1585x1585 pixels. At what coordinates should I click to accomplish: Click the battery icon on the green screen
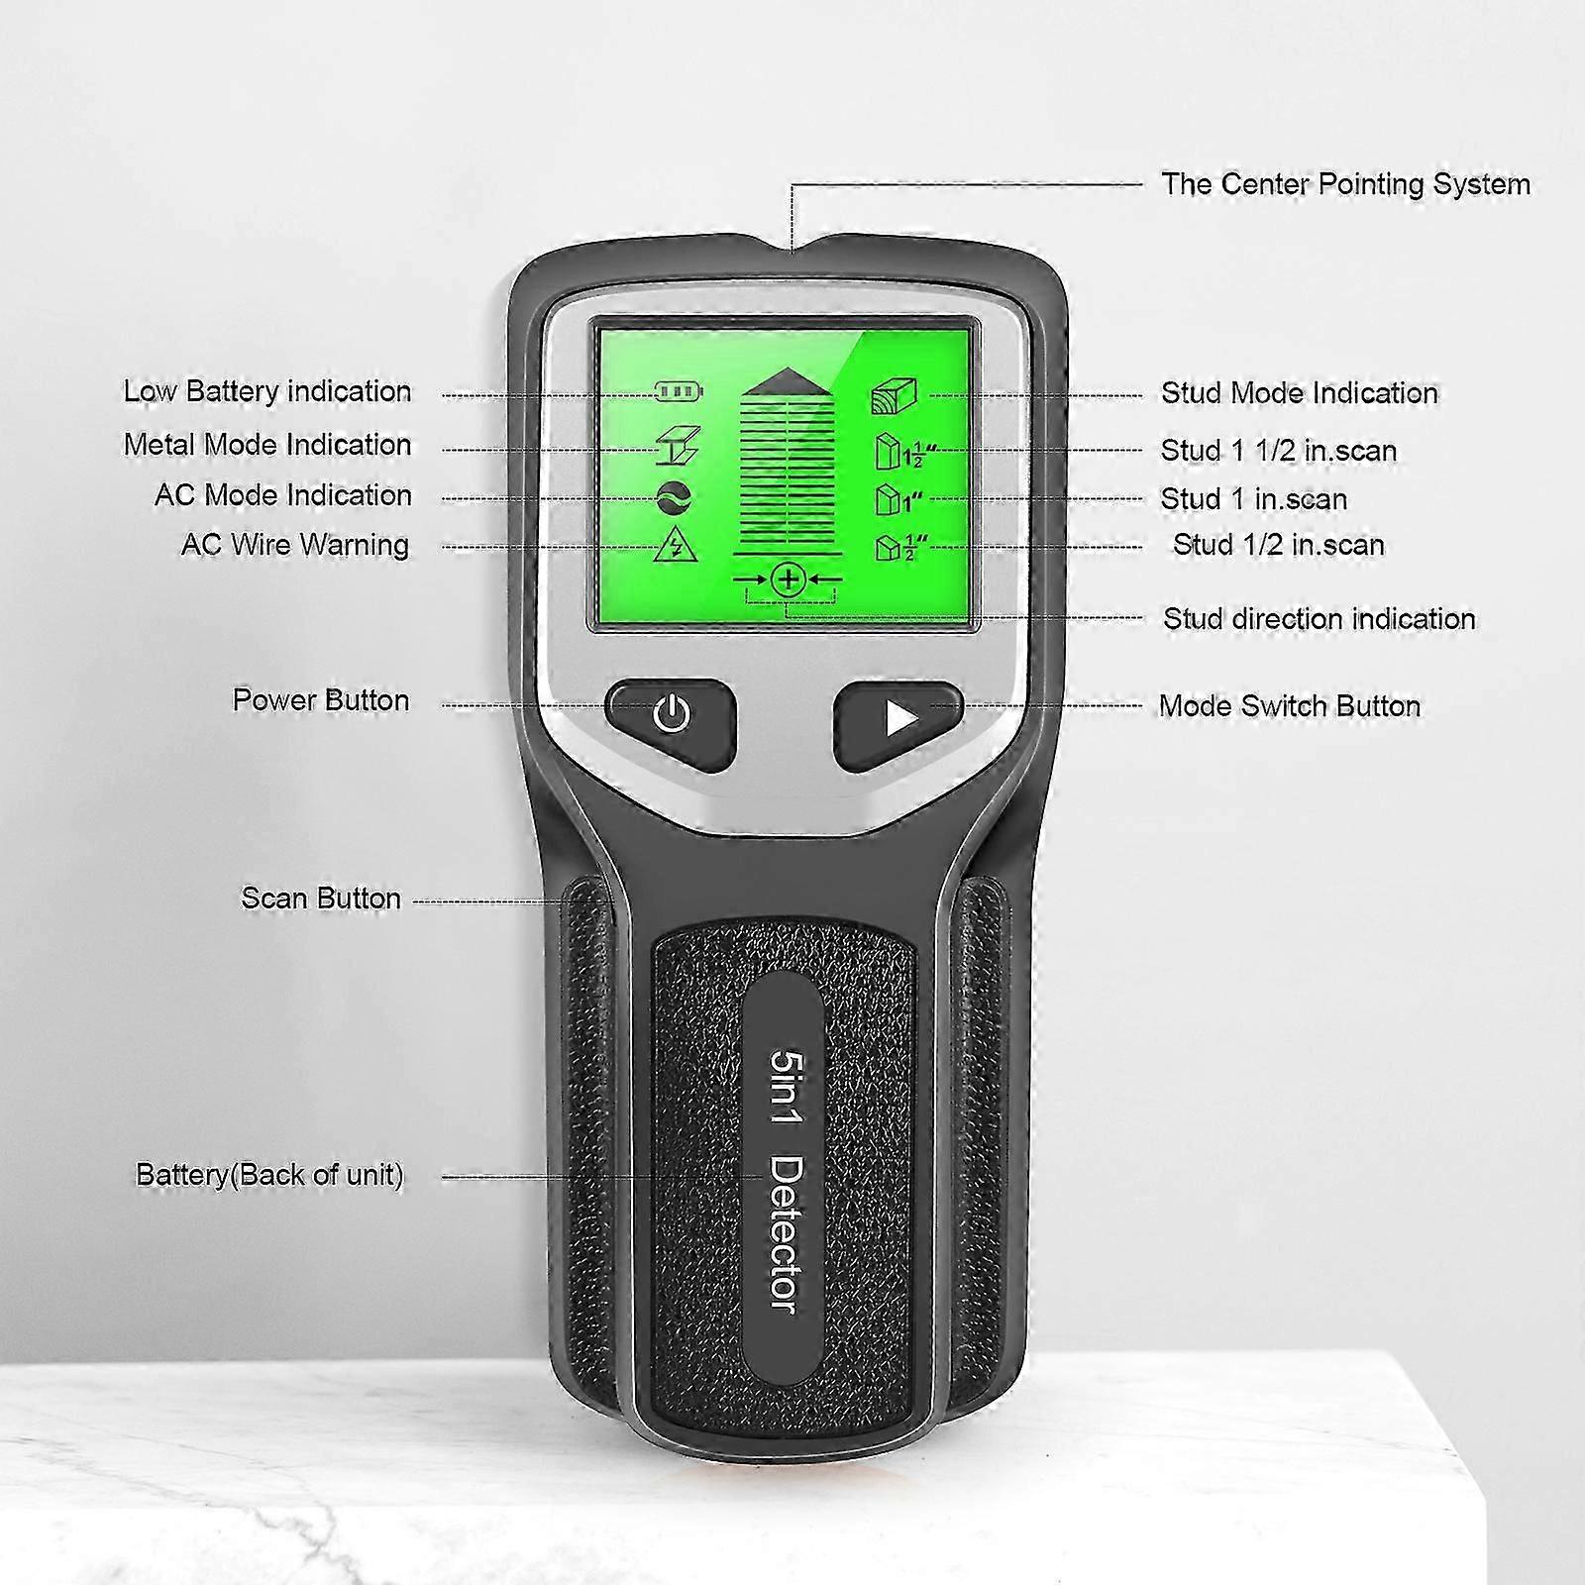pyautogui.click(x=680, y=391)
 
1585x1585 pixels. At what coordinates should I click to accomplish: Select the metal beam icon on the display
pyautogui.click(x=679, y=445)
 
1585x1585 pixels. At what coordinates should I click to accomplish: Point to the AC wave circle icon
pyautogui.click(x=674, y=498)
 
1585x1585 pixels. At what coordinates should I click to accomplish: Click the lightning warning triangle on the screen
pyautogui.click(x=677, y=546)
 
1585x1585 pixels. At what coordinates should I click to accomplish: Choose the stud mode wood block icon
pyautogui.click(x=894, y=395)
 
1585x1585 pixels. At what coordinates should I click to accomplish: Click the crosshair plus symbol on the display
pyautogui.click(x=789, y=580)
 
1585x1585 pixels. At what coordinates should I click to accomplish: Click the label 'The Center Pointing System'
pyautogui.click(x=1345, y=184)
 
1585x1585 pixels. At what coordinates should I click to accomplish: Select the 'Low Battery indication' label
pyautogui.click(x=267, y=391)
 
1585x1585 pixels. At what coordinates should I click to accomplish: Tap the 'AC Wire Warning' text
pyautogui.click(x=295, y=545)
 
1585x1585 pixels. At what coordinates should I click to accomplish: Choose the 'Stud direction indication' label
pyautogui.click(x=1320, y=619)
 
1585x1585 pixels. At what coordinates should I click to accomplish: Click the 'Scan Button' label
pyautogui.click(x=321, y=898)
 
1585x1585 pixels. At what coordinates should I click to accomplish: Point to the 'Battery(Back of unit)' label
pyautogui.click(x=269, y=1175)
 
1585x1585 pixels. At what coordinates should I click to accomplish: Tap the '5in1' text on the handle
pyautogui.click(x=788, y=1088)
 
